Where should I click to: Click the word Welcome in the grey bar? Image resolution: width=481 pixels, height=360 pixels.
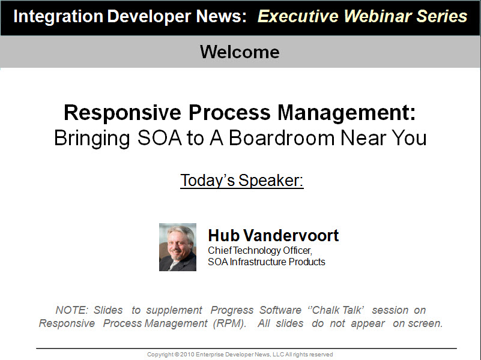point(240,52)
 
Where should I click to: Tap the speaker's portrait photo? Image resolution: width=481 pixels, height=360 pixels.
point(178,247)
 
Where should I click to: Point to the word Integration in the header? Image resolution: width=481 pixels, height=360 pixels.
point(58,17)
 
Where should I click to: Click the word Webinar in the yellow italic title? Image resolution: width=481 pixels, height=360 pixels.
point(377,16)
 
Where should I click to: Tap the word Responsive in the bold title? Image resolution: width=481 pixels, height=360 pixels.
point(123,113)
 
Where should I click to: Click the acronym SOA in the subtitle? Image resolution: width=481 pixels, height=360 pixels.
point(160,138)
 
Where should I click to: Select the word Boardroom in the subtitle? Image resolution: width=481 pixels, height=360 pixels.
point(282,138)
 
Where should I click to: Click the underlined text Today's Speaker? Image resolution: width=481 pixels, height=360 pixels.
point(242,181)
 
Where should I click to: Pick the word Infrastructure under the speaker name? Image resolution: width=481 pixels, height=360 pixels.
point(258,262)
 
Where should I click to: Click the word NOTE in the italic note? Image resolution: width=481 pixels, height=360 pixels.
point(72,310)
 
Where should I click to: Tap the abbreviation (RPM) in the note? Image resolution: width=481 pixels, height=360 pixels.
point(230,323)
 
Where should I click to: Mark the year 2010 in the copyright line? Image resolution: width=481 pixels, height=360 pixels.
point(187,355)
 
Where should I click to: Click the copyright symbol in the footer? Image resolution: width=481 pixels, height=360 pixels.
point(177,355)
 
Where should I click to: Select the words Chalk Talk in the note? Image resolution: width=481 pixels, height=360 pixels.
point(336,310)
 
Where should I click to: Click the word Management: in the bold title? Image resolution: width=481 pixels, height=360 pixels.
point(346,113)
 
